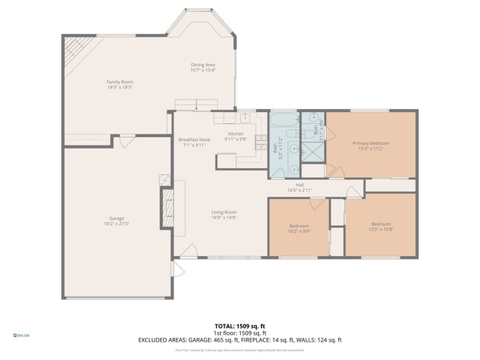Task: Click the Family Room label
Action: tap(119, 82)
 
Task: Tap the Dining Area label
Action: tap(202, 65)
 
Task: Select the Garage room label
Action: tap(116, 218)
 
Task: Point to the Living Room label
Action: tap(224, 212)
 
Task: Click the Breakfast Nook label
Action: tap(194, 139)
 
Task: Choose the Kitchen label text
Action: tap(235, 134)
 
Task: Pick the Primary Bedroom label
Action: tap(370, 143)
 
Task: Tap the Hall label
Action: tap(300, 185)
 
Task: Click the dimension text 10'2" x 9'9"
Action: tap(298, 231)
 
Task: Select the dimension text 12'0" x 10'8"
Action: tap(380, 229)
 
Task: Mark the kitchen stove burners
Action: tap(261, 139)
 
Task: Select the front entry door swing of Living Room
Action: tap(188, 251)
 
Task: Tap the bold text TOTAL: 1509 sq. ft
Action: tap(239, 325)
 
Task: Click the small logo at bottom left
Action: tap(21, 335)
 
